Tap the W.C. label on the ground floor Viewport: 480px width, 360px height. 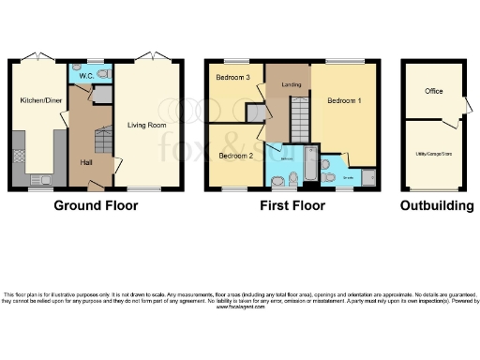pyautogui.click(x=84, y=74)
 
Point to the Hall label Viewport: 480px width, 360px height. pyautogui.click(x=85, y=162)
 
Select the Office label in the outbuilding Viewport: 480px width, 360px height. pyautogui.click(x=433, y=91)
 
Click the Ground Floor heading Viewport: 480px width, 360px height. pyautogui.click(x=91, y=205)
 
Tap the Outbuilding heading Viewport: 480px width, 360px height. pyautogui.click(x=437, y=205)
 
